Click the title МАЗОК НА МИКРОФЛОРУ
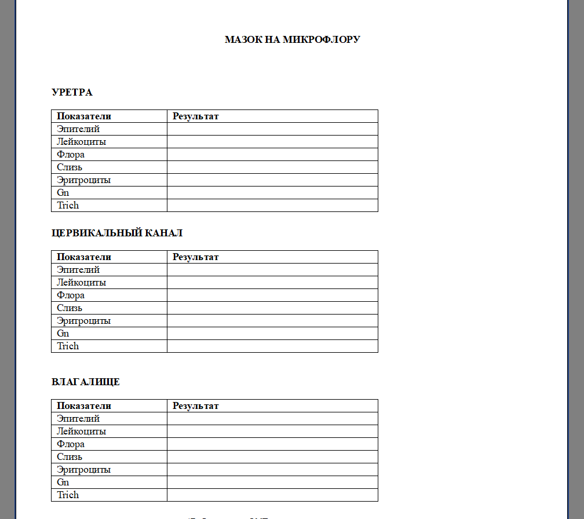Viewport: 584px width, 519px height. [292, 39]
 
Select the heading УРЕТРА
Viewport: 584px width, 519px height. [72, 92]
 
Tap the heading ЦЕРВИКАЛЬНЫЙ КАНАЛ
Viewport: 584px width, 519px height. [117, 233]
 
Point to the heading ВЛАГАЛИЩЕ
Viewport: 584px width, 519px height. [86, 382]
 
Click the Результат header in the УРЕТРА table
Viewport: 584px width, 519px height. [196, 116]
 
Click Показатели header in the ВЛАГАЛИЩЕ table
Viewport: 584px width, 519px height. [84, 406]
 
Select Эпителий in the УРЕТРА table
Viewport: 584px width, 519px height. [78, 129]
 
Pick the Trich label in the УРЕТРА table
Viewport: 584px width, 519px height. [68, 206]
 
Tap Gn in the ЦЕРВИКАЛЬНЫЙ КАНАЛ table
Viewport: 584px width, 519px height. [63, 334]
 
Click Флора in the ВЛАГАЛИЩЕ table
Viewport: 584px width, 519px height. [71, 444]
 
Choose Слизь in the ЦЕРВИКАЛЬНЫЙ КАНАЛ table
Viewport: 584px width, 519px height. [70, 308]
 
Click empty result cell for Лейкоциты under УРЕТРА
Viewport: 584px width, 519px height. [272, 142]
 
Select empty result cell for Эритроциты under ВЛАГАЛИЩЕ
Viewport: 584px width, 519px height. [272, 470]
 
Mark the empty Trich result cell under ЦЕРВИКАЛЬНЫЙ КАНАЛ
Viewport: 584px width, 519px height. [272, 346]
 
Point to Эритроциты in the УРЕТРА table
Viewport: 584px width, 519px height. [83, 180]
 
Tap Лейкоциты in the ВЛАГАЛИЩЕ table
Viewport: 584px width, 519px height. [81, 432]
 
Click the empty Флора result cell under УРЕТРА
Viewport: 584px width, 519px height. [272, 155]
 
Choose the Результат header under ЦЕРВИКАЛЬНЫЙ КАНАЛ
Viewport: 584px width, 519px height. [196, 257]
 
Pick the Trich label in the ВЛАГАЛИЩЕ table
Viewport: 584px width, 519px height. [68, 495]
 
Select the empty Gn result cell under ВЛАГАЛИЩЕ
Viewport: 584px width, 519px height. [272, 483]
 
